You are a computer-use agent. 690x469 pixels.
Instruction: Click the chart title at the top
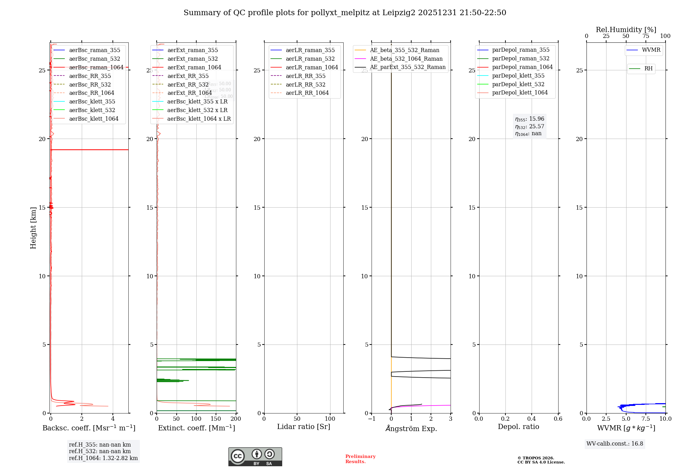[x=345, y=13]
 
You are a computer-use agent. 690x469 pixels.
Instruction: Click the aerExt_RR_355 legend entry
[x=188, y=76]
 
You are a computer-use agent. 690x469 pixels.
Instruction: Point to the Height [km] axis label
[x=33, y=228]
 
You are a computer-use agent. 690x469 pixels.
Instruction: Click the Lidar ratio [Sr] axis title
[x=303, y=427]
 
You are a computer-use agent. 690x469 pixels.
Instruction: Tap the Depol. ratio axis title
[x=518, y=427]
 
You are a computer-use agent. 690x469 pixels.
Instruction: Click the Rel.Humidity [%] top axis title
[x=626, y=30]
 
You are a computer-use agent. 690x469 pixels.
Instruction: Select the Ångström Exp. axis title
[x=411, y=428]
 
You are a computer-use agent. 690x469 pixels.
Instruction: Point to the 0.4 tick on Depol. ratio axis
[x=532, y=419]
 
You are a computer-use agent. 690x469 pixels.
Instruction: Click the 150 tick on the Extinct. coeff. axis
[x=216, y=419]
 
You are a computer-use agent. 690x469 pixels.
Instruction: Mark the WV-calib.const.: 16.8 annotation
[x=615, y=443]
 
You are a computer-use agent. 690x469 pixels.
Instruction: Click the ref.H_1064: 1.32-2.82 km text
[x=103, y=458]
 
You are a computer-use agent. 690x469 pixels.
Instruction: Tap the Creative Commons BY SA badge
[x=255, y=457]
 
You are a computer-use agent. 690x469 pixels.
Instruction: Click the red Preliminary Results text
[x=360, y=459]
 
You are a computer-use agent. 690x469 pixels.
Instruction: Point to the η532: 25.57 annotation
[x=529, y=127]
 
